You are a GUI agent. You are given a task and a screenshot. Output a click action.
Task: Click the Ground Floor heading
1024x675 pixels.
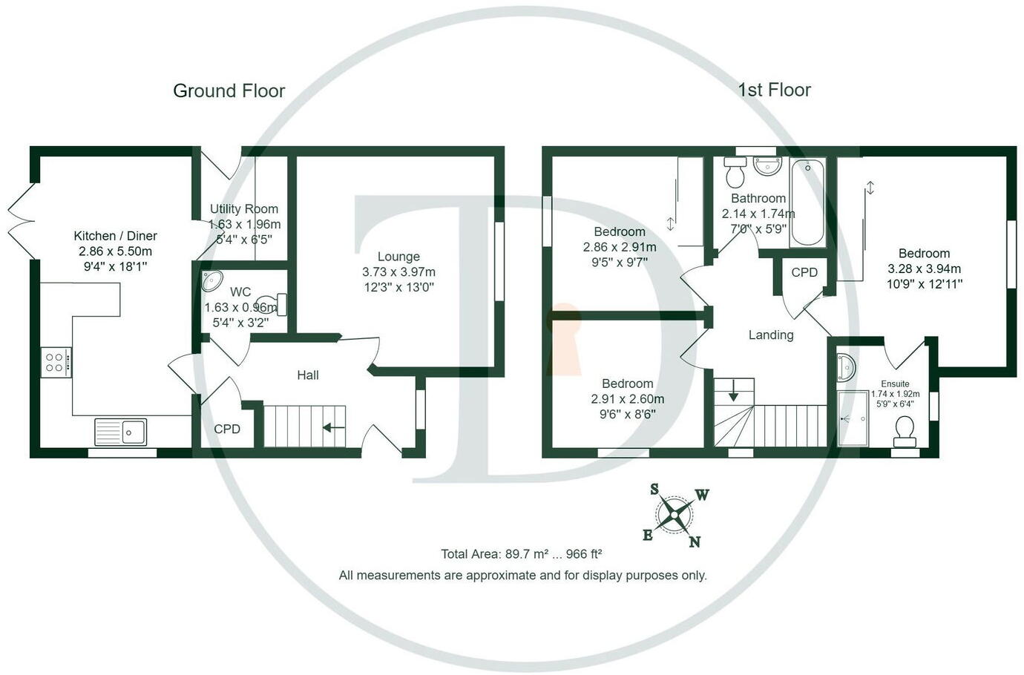[x=229, y=90]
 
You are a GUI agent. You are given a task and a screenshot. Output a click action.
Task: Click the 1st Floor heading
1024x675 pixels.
[x=774, y=90]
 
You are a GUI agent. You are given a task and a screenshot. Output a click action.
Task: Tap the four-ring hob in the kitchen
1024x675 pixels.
[x=56, y=362]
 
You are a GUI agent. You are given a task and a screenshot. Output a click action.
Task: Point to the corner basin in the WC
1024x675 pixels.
[x=211, y=282]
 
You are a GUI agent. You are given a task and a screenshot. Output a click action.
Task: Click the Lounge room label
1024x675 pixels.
[x=398, y=256]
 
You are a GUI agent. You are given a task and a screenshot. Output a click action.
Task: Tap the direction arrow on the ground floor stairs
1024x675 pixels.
[x=333, y=427]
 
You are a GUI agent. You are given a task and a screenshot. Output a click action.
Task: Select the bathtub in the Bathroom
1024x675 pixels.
[x=807, y=202]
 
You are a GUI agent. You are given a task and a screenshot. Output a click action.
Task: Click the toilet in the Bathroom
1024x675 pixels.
[x=735, y=173]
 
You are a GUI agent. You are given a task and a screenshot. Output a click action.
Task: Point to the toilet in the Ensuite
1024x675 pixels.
[x=905, y=430]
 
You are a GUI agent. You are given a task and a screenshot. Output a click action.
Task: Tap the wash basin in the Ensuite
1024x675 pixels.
[x=846, y=366]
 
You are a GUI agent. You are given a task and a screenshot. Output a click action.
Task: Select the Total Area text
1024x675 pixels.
[x=521, y=554]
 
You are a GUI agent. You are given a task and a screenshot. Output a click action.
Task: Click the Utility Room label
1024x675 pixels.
[x=244, y=209]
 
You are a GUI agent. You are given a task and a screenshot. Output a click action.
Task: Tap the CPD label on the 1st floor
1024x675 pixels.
[x=804, y=272]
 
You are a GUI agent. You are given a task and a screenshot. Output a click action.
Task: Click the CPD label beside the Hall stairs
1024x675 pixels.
[x=227, y=429]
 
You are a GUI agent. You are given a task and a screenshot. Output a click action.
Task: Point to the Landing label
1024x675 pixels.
[x=771, y=335]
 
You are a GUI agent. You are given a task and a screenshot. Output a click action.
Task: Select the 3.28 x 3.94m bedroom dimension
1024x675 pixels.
[x=924, y=269]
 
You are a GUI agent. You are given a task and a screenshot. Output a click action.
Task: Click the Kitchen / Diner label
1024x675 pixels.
[x=115, y=236]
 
